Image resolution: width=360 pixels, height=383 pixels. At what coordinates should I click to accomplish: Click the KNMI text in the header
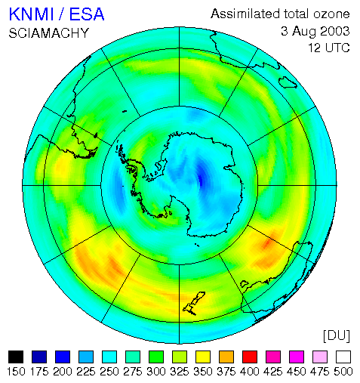click(x=31, y=14)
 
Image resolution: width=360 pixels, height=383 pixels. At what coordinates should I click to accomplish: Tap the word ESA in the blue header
click(x=87, y=14)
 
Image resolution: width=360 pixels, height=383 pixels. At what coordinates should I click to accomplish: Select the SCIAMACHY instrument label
click(x=49, y=33)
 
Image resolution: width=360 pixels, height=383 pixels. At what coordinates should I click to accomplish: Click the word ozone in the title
click(x=331, y=14)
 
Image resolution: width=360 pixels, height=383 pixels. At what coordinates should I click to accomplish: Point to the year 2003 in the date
click(x=335, y=31)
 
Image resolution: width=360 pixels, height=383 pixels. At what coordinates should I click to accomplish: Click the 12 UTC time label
click(x=329, y=48)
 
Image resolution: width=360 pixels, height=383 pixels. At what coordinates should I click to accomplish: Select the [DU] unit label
click(x=337, y=335)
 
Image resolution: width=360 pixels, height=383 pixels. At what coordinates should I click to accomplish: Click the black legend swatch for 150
click(x=16, y=357)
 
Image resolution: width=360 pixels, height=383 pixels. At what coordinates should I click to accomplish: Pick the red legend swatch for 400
click(x=250, y=357)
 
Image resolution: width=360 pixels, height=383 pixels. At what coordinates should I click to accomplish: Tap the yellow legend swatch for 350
click(x=203, y=357)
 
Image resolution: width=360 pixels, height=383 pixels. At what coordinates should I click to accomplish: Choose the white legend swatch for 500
click(x=343, y=357)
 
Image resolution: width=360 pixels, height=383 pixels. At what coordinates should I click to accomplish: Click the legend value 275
click(x=133, y=372)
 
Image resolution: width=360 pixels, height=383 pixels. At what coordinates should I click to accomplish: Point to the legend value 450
click(x=297, y=372)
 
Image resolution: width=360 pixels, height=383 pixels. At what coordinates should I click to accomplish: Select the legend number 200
click(x=63, y=372)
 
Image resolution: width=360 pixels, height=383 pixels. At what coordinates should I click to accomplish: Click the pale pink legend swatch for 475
click(x=320, y=357)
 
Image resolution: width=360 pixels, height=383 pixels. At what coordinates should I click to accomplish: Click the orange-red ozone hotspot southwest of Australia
click(x=266, y=244)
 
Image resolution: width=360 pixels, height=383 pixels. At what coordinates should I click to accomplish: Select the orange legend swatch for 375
click(x=226, y=357)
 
